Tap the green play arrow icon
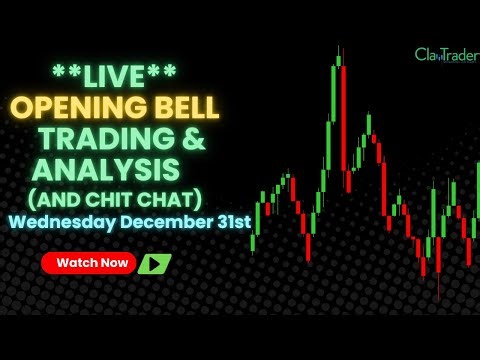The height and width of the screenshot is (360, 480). click(154, 264)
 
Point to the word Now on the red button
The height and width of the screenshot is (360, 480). click(113, 263)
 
